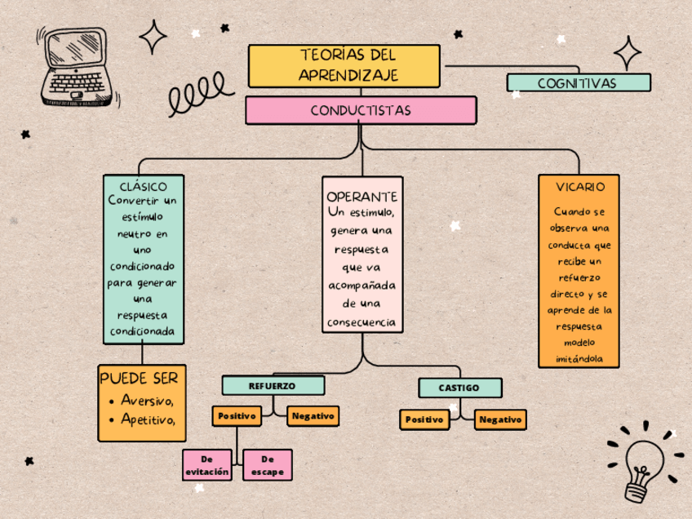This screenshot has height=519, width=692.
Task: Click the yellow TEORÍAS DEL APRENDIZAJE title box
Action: (x=344, y=66)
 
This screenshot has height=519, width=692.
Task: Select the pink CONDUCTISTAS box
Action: (x=360, y=110)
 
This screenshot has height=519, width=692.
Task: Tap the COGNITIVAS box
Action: (x=578, y=83)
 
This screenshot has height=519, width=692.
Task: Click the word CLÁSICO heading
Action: (x=143, y=187)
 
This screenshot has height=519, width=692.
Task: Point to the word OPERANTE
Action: (x=362, y=197)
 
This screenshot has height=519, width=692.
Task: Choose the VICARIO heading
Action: (x=579, y=187)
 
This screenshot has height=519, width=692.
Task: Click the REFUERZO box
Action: (x=273, y=385)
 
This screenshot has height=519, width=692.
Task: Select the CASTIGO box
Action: (x=459, y=388)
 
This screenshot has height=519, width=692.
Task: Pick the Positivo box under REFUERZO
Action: (x=237, y=416)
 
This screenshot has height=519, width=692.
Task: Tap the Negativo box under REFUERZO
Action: (x=313, y=416)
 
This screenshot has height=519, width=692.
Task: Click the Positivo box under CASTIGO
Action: (x=424, y=419)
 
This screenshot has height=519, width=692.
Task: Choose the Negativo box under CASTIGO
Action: (x=500, y=419)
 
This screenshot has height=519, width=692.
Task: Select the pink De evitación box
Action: (x=207, y=465)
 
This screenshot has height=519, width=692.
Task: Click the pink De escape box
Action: (x=267, y=465)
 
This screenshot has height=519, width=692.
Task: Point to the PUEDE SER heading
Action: (x=139, y=379)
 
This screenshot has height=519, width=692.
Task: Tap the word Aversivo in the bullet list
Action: (x=147, y=401)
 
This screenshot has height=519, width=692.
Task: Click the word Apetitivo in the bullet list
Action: (x=148, y=419)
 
